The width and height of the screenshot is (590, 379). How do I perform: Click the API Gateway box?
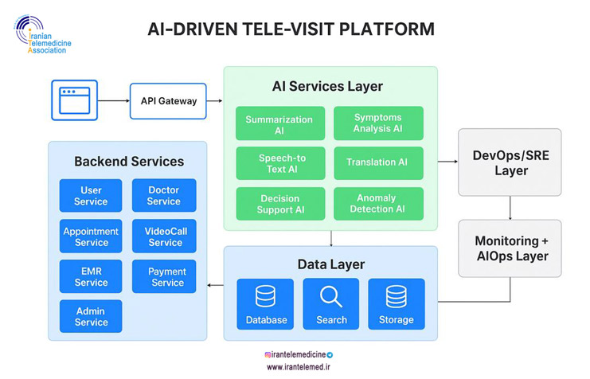point(168,101)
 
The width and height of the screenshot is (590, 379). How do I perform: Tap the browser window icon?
point(74,100)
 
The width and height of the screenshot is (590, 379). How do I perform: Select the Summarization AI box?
point(279,124)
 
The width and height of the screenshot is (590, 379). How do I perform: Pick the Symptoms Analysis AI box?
point(378,123)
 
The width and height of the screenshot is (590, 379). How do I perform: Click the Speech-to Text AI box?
point(279,163)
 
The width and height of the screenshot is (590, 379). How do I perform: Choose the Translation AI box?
point(378,162)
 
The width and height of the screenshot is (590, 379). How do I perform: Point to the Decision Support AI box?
point(279,204)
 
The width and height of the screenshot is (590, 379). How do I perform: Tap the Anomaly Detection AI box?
point(378,204)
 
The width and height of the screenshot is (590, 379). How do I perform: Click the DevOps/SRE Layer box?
point(510,162)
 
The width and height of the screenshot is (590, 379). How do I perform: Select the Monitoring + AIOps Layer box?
point(510,248)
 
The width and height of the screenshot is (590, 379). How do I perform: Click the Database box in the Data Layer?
point(265,304)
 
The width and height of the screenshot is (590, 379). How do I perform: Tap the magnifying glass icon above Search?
point(331,297)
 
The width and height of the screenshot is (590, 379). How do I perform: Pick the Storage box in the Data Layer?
point(396,304)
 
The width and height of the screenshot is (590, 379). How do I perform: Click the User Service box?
point(91,196)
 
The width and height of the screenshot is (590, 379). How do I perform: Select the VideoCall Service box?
point(165,236)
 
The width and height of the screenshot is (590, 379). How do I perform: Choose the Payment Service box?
point(165,277)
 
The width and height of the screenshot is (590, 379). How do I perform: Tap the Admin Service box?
point(91,316)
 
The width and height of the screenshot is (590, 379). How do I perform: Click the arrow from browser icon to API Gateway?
point(112,101)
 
